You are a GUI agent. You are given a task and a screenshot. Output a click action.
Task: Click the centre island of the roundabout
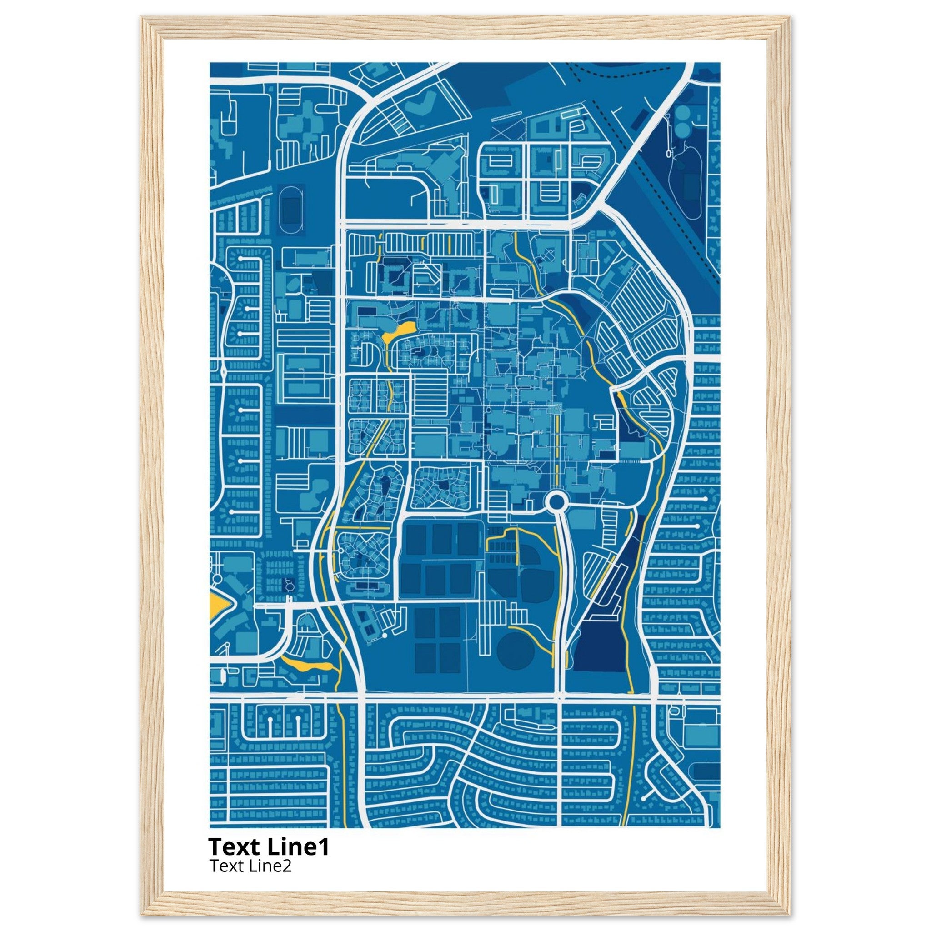(556, 502)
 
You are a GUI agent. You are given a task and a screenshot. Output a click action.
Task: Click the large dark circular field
(516, 651)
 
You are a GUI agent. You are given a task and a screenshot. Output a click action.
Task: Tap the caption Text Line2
(250, 866)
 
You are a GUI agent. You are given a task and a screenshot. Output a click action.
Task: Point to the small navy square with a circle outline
(289, 585)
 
